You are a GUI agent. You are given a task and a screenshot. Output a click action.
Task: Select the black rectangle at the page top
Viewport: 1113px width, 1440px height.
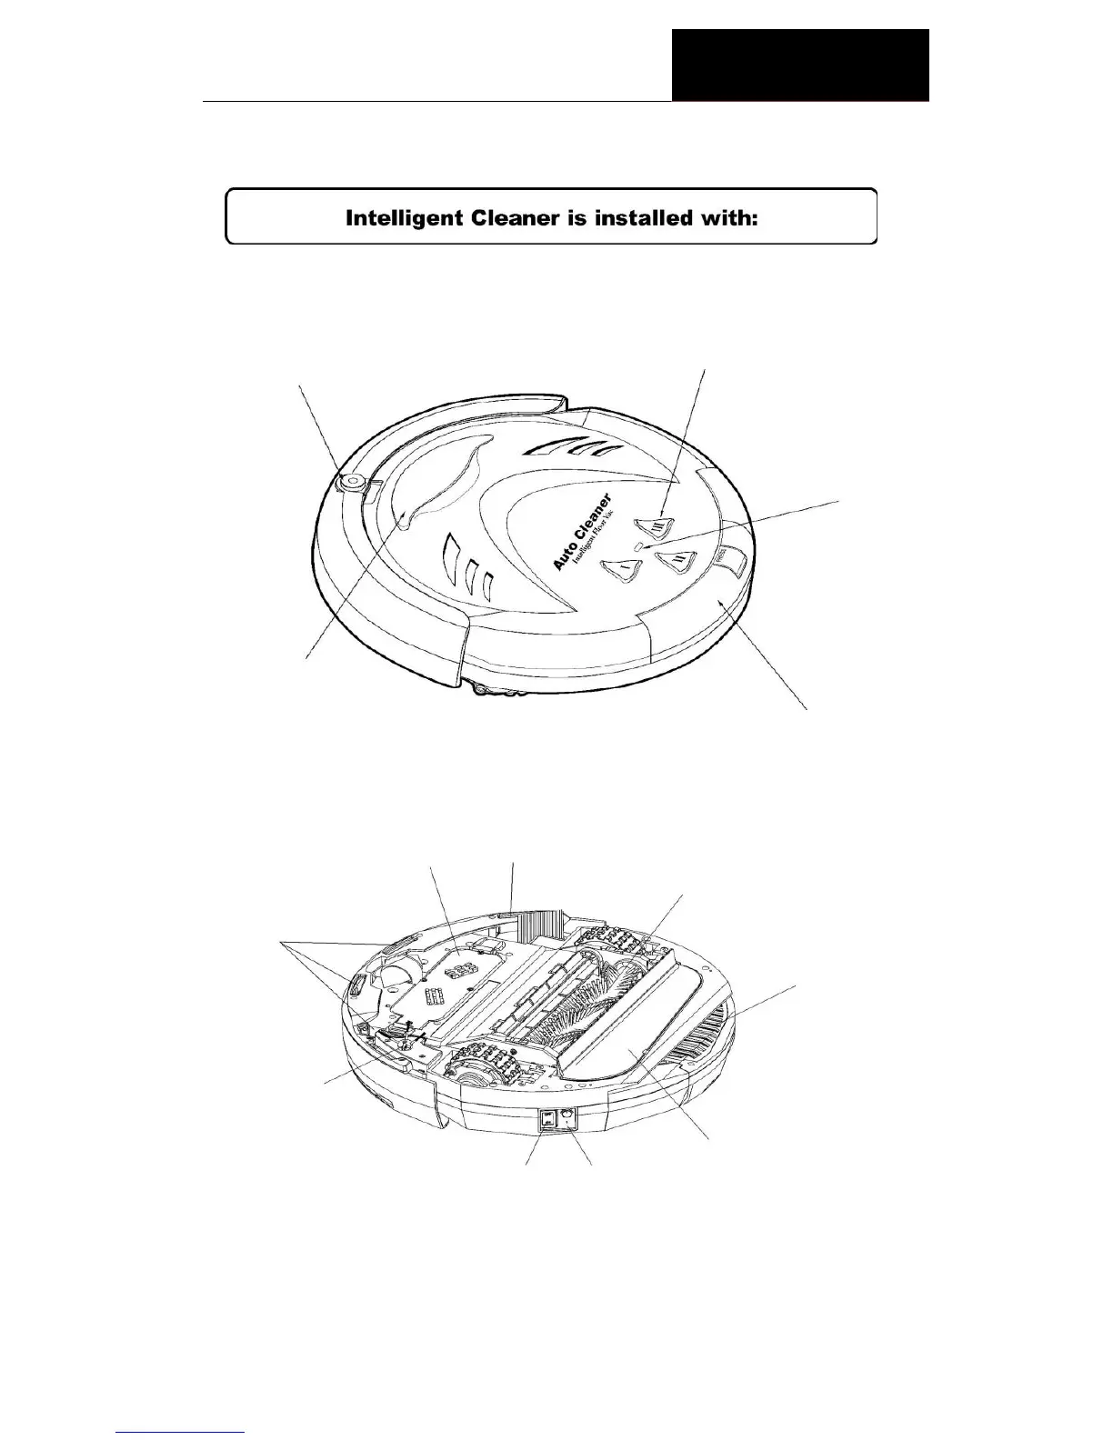pos(800,65)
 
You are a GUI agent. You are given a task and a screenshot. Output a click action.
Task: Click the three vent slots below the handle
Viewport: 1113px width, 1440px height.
pos(467,566)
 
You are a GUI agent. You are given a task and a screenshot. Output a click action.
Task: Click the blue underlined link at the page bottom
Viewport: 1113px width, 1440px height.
pos(182,1431)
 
